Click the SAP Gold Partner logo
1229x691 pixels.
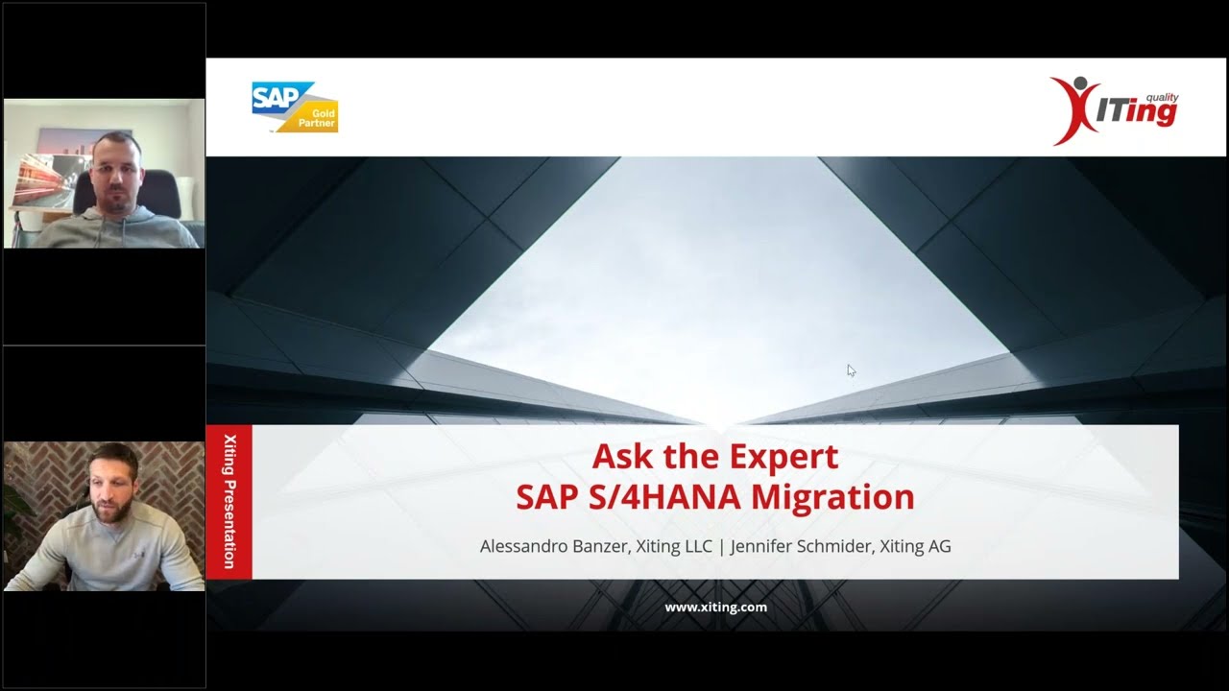coord(294,107)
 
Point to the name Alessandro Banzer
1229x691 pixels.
coord(553,546)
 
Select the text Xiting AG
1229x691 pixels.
coord(909,546)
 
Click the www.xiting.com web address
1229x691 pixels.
coord(715,607)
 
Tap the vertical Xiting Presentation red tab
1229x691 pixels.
coord(229,502)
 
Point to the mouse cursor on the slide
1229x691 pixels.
coord(850,369)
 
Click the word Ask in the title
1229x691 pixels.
coord(618,456)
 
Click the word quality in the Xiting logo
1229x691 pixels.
coord(1162,98)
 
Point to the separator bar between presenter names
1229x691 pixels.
coord(722,546)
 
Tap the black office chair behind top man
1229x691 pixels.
coord(159,192)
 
